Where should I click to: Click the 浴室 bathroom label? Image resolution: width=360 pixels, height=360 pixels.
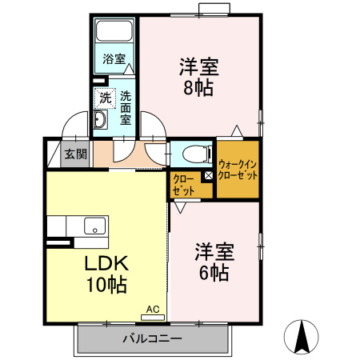coord(114,58)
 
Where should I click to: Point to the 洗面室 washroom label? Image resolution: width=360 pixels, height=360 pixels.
coord(126,108)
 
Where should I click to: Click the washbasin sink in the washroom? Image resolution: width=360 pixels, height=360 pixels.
coord(101,121)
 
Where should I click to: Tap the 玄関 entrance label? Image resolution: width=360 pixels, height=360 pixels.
coord(76,154)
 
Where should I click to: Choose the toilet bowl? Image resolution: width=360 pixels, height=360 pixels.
coord(193,154)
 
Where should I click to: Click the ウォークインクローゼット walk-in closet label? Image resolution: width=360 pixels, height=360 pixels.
coord(238,169)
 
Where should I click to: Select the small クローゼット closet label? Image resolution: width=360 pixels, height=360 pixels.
coord(184,185)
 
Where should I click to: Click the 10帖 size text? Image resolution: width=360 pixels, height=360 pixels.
coord(106,283)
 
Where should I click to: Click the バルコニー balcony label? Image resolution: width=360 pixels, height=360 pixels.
coord(151,338)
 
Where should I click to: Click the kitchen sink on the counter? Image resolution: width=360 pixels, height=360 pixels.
coord(95,226)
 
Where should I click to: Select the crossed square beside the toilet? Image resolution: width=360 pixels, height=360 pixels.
coord(207,175)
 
